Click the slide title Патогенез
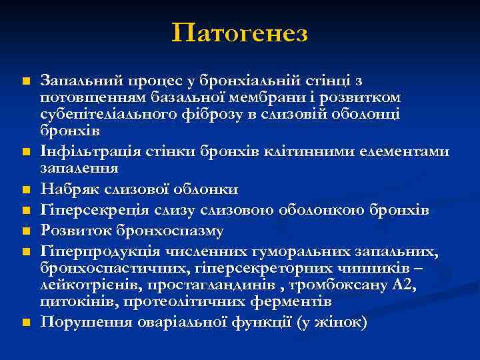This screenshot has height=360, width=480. coord(239,32)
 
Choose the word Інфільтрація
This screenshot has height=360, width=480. coord(83,153)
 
